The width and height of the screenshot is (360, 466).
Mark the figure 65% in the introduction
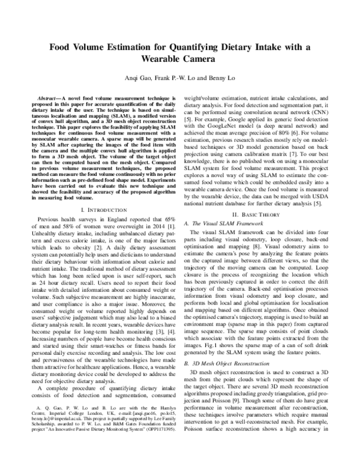[168, 220]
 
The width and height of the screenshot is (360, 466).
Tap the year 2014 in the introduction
[152, 228]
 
